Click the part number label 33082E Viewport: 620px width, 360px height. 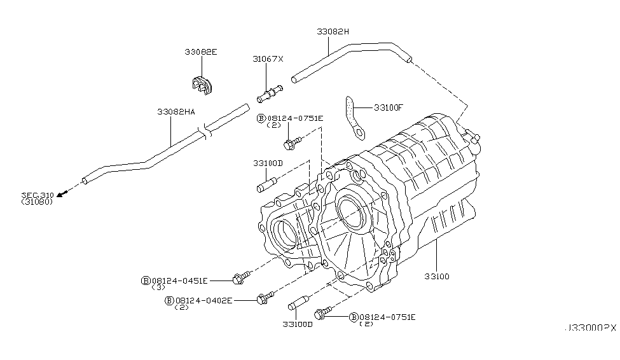[201, 52]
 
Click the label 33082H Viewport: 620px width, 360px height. [333, 31]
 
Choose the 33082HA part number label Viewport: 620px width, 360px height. [176, 111]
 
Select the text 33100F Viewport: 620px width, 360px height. [389, 107]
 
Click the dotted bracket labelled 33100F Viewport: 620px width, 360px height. [353, 116]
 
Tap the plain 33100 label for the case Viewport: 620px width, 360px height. [437, 277]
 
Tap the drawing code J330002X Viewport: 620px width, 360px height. [589, 328]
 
